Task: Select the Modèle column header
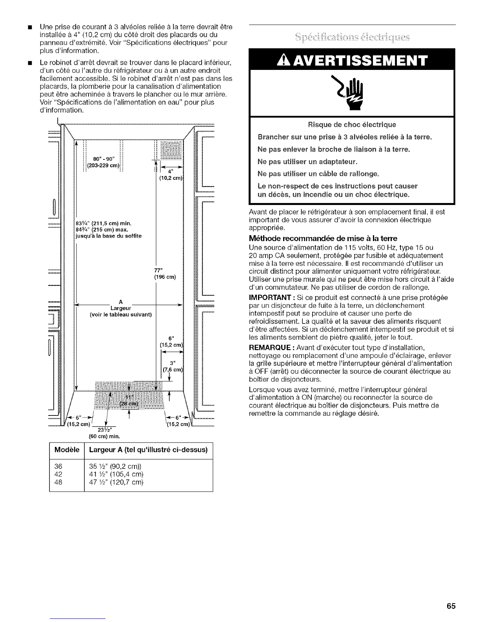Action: point(67,450)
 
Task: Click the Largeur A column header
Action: point(148,450)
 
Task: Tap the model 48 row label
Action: point(58,482)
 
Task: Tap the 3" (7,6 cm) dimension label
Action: point(173,366)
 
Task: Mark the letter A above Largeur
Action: point(121,302)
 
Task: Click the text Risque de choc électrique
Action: point(351,125)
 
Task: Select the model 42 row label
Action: point(58,474)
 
